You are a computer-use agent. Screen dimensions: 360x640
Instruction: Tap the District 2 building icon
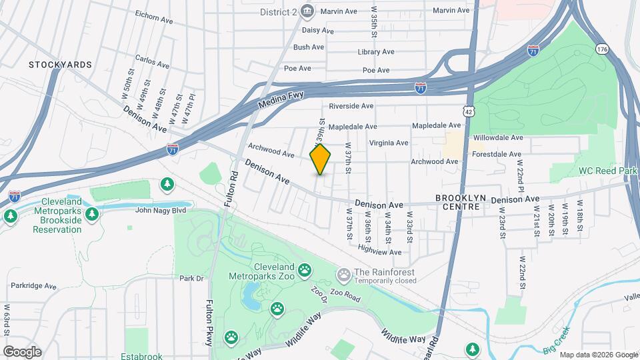pos(307,11)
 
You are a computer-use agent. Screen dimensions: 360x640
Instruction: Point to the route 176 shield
pos(602,49)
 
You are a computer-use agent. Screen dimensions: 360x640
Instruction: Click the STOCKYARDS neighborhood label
pos(60,65)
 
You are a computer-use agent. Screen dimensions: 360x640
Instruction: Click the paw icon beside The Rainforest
pos(344,273)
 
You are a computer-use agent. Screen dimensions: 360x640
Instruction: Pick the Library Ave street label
pos(376,52)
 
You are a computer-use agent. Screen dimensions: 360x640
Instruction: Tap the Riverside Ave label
pos(351,106)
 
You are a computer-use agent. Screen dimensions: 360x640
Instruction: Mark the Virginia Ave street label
pos(389,143)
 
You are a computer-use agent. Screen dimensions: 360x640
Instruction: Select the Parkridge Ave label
pos(34,285)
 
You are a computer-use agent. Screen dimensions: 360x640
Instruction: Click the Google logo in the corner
pos(22,351)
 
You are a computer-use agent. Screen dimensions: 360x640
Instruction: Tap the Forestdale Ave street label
pos(495,154)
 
